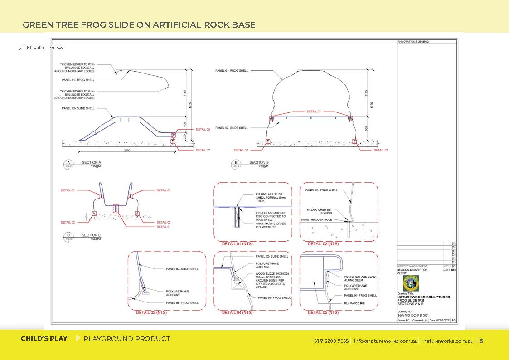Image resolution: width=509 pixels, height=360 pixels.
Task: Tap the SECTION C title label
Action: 92,235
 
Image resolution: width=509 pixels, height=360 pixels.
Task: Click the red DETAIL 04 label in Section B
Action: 314,112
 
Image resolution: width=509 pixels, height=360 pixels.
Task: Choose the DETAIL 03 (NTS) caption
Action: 151,312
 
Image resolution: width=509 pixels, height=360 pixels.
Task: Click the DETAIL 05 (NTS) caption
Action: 323,312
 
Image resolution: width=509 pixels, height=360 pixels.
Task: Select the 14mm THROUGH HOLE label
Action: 316,220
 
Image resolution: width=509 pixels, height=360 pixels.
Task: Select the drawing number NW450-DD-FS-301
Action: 413,316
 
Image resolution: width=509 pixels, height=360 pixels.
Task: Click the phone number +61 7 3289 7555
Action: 330,341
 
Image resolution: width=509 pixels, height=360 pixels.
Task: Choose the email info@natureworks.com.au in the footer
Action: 386,341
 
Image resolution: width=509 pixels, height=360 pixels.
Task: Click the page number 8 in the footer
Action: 481,341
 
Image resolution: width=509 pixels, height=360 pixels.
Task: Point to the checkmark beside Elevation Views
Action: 20,48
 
